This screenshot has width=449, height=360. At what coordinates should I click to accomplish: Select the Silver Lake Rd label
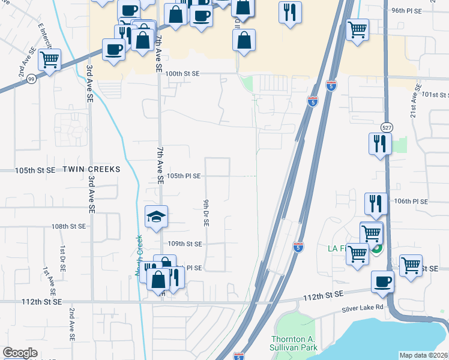363,308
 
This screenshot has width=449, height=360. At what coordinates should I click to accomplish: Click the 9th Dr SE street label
206,212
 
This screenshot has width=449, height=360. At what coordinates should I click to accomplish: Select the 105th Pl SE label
184,176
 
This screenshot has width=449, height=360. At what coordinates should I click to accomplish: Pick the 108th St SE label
68,227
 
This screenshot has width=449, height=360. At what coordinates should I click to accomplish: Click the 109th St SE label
185,244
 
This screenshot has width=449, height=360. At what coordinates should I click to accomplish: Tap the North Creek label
139,256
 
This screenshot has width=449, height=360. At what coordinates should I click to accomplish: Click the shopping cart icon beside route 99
49,59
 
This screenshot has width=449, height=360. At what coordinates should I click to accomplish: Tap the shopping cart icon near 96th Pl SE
358,28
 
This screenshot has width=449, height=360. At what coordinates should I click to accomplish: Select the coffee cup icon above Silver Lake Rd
382,281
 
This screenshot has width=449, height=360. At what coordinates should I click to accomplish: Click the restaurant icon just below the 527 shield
379,143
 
